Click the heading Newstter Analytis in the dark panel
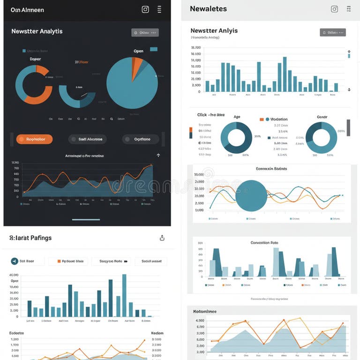[37, 31]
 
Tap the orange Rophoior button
[34, 139]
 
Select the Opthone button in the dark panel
[141, 139]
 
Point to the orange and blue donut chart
[33, 85]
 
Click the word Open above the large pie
[138, 51]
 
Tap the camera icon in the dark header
[145, 9]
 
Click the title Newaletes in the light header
[208, 9]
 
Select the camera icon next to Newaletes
[334, 9]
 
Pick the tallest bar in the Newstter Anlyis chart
[285, 74]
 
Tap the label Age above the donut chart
[237, 117]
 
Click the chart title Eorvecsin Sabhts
[271, 168]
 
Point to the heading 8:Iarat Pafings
[30, 238]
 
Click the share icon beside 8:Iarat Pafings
[162, 238]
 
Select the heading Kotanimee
[205, 311]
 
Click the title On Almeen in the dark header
[27, 9]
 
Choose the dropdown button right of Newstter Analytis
[145, 33]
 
